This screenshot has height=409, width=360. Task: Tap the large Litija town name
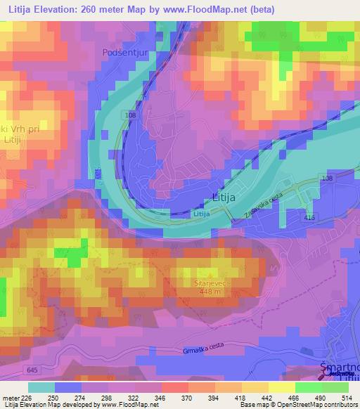pyautogui.click(x=227, y=198)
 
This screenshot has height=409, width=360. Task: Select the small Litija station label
pyautogui.click(x=202, y=213)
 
